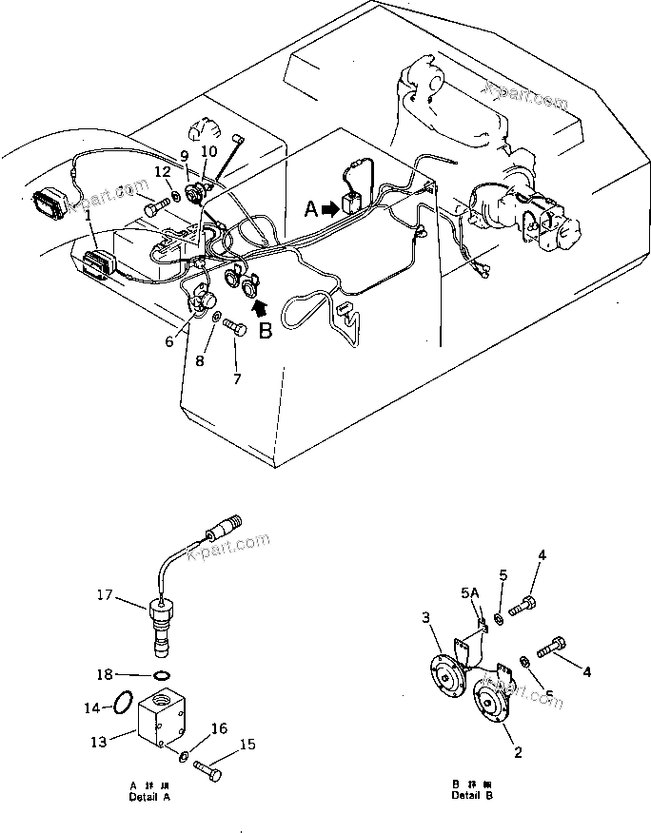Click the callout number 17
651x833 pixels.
coord(105,596)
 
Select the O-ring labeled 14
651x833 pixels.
coord(122,704)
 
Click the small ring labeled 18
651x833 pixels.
coord(162,676)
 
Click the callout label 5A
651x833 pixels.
coord(469,593)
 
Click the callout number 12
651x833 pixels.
coord(163,171)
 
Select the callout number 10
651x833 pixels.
coord(209,150)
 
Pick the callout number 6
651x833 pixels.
coord(169,340)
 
